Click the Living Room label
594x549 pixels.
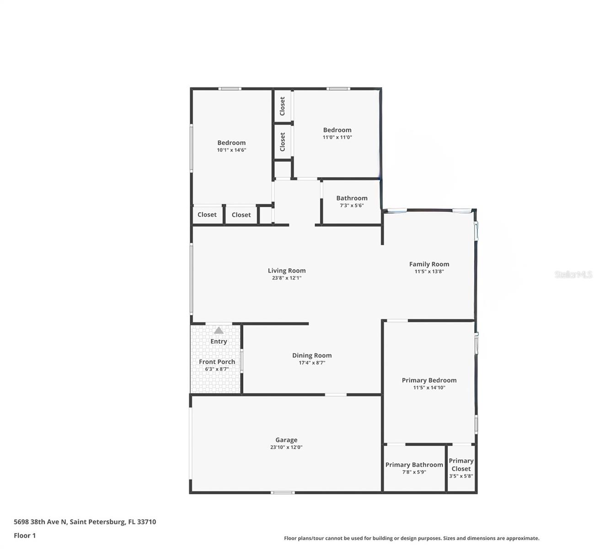point(286,270)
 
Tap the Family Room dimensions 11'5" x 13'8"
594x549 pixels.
point(429,271)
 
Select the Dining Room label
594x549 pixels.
point(312,355)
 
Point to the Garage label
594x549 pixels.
point(286,440)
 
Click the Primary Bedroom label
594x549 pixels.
point(429,380)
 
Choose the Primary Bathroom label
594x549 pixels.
point(414,464)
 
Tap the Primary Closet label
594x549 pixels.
point(461,464)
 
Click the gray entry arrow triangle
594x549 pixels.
point(219,330)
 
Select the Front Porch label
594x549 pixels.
point(217,361)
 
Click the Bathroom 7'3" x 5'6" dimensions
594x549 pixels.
point(352,205)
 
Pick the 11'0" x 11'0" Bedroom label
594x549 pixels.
point(337,130)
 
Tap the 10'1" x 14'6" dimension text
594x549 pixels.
point(231,150)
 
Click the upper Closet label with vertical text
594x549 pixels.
point(282,106)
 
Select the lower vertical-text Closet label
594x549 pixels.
point(282,142)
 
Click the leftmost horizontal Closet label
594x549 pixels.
point(207,215)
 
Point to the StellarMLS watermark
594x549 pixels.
point(573,274)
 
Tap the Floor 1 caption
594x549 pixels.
point(25,535)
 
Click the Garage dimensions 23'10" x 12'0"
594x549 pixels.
point(286,447)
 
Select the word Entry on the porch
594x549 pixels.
point(219,341)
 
